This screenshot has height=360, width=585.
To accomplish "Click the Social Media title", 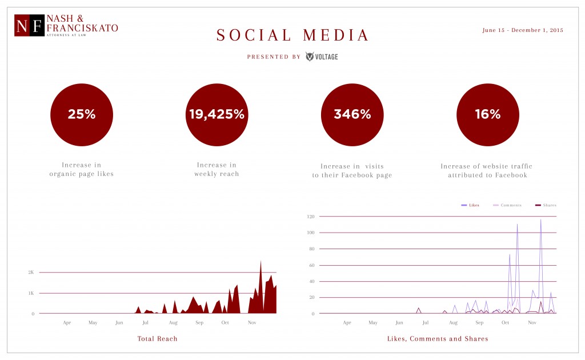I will point(293,35).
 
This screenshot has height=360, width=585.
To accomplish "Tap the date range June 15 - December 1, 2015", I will point(522,30).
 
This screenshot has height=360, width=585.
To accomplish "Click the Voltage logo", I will point(322,57).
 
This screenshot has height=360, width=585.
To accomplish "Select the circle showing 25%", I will point(81,114).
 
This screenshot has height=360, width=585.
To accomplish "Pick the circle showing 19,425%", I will point(217,114).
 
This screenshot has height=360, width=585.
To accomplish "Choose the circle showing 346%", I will point(352,114).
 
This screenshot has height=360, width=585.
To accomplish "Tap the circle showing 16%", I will point(487,114).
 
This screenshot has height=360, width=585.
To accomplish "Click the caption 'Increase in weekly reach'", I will point(217,170).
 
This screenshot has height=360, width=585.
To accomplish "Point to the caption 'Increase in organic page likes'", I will point(81,170).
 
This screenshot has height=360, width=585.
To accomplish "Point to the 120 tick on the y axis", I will point(311,217).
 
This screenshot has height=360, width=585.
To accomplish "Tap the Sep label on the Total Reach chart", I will point(199,323).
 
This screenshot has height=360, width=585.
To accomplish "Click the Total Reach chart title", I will point(157,339).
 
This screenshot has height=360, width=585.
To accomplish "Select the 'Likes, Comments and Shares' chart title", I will point(438,339).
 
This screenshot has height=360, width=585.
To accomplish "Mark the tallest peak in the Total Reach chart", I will point(261,262).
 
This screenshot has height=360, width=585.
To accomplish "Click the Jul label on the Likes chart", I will point(425,323).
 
